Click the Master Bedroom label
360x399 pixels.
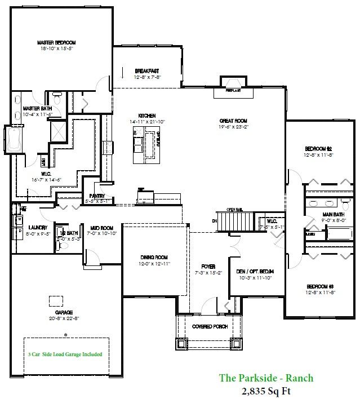tap(56, 42)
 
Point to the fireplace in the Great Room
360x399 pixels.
tap(233, 86)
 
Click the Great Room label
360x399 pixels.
tap(233, 121)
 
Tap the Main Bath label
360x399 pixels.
tap(334, 215)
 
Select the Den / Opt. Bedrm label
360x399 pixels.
tap(256, 271)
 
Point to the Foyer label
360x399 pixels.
tap(208, 266)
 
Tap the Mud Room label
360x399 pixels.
tap(103, 228)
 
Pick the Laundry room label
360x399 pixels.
tap(37, 228)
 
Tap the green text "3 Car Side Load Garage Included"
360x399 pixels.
tap(65, 354)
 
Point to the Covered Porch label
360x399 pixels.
tap(210, 327)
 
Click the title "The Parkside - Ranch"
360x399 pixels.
tap(266, 378)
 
